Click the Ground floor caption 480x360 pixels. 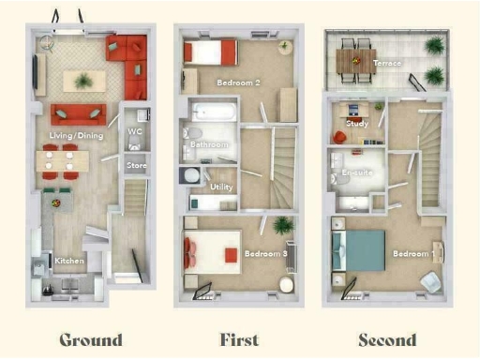(91, 339)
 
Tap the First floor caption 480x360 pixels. (239, 339)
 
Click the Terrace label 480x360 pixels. (387, 63)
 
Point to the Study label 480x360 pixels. (357, 123)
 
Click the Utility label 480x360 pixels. (221, 187)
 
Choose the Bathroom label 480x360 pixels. (209, 145)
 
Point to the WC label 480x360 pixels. (135, 132)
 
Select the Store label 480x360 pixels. (136, 167)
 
